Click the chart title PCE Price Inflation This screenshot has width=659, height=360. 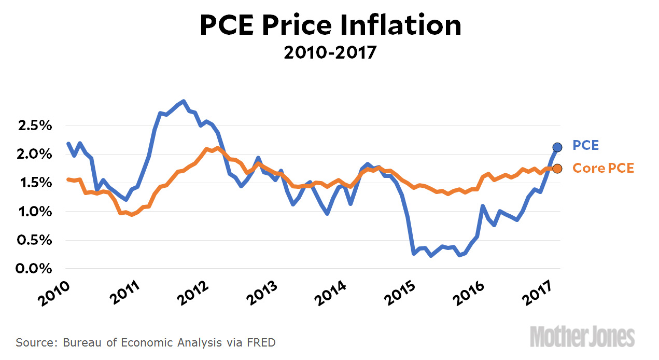(330, 25)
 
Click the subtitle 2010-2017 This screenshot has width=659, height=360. (330, 52)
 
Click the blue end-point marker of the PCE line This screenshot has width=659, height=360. (557, 147)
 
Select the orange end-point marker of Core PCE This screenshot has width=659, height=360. (557, 168)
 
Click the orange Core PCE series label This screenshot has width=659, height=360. (603, 168)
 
